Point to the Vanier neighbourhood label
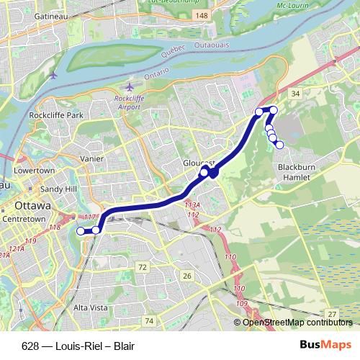[x=92, y=158]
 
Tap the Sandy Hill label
[x=58, y=189]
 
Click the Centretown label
[x=24, y=217]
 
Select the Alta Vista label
[x=90, y=307]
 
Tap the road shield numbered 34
[x=294, y=94]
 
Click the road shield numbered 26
[x=186, y=275]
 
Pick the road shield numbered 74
[x=149, y=320]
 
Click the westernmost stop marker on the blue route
[x=80, y=230]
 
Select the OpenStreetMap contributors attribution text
[x=297, y=323]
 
